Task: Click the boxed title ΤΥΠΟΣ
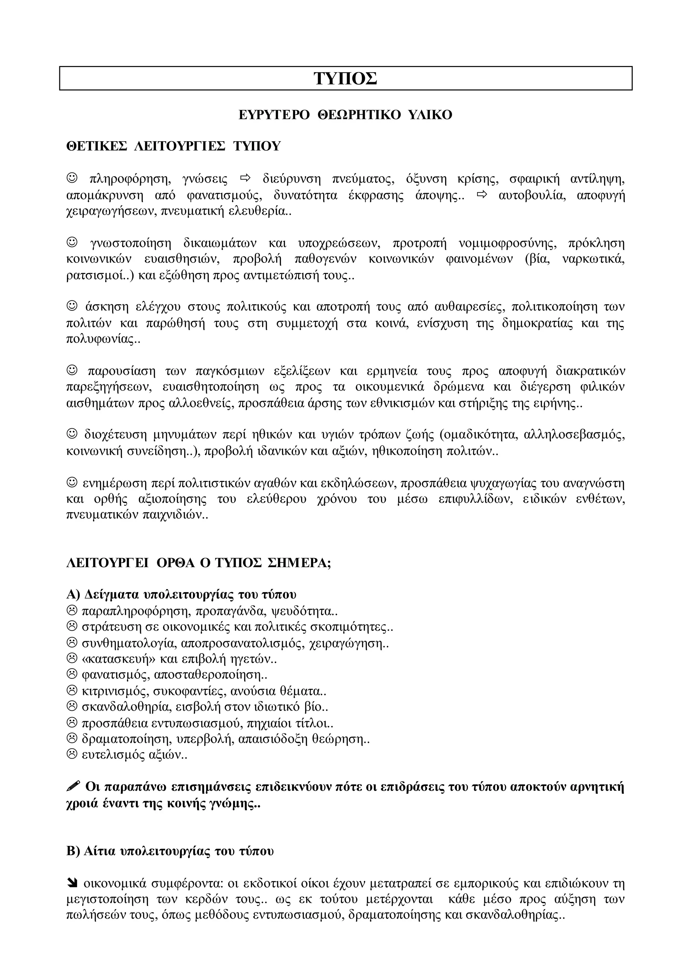[345, 79]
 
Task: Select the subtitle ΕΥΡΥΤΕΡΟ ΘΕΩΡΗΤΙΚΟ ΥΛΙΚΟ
[345, 115]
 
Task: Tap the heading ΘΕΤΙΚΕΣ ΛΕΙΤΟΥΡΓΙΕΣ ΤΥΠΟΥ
[174, 146]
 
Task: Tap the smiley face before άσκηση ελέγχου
[73, 306]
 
